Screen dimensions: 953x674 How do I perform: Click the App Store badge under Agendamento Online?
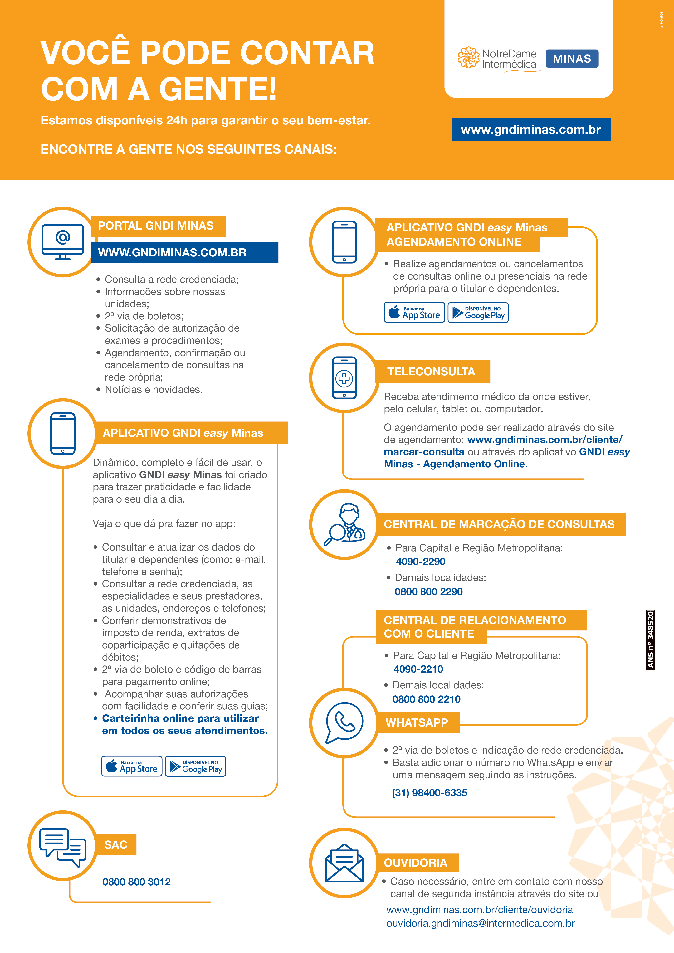click(x=414, y=313)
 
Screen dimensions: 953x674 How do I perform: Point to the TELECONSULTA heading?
click(x=432, y=372)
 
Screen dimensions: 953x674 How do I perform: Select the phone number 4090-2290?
click(x=420, y=562)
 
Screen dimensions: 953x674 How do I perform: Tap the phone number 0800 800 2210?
click(x=426, y=699)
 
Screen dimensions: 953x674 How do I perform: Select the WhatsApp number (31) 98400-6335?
click(x=430, y=793)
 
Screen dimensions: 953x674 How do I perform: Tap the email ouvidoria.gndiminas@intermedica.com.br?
click(x=480, y=924)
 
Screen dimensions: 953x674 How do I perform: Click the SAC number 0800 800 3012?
click(x=137, y=882)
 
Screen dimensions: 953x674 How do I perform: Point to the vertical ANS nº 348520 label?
click(x=650, y=639)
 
